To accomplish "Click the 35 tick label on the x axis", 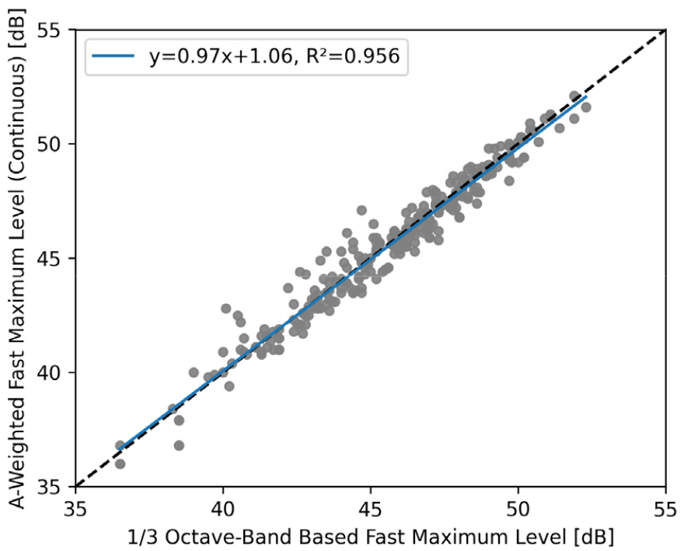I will pos(75,507).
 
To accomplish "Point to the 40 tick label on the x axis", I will pos(223,507).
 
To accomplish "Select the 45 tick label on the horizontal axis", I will pos(371,507).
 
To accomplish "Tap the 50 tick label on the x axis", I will pos(518,507).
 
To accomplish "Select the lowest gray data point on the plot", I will pos(120,464).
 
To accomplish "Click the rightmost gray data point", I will pos(586,107).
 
